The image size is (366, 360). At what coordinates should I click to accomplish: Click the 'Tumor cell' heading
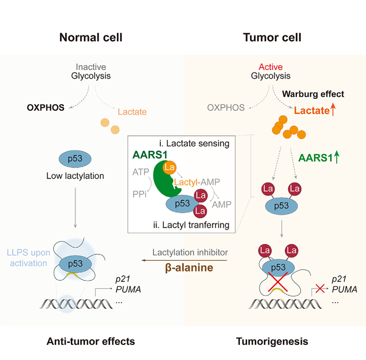(x=272, y=37)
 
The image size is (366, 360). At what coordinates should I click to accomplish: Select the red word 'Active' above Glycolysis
(x=271, y=67)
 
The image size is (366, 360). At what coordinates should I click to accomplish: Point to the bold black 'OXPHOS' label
(x=45, y=108)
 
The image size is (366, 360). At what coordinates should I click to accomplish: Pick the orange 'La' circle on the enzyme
(x=169, y=168)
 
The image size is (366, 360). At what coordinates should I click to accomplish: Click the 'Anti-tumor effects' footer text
(x=90, y=341)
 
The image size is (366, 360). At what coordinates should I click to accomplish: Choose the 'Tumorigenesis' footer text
(x=272, y=341)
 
